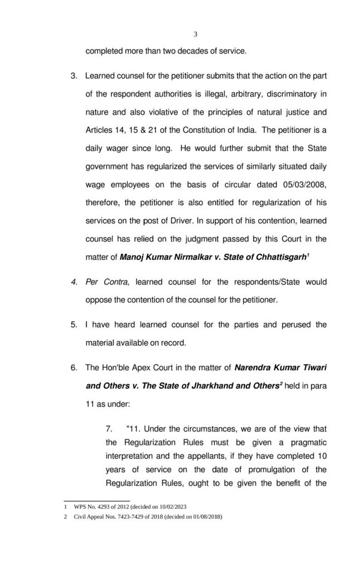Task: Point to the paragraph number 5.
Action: point(73,324)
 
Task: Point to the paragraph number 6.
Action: point(73,369)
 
